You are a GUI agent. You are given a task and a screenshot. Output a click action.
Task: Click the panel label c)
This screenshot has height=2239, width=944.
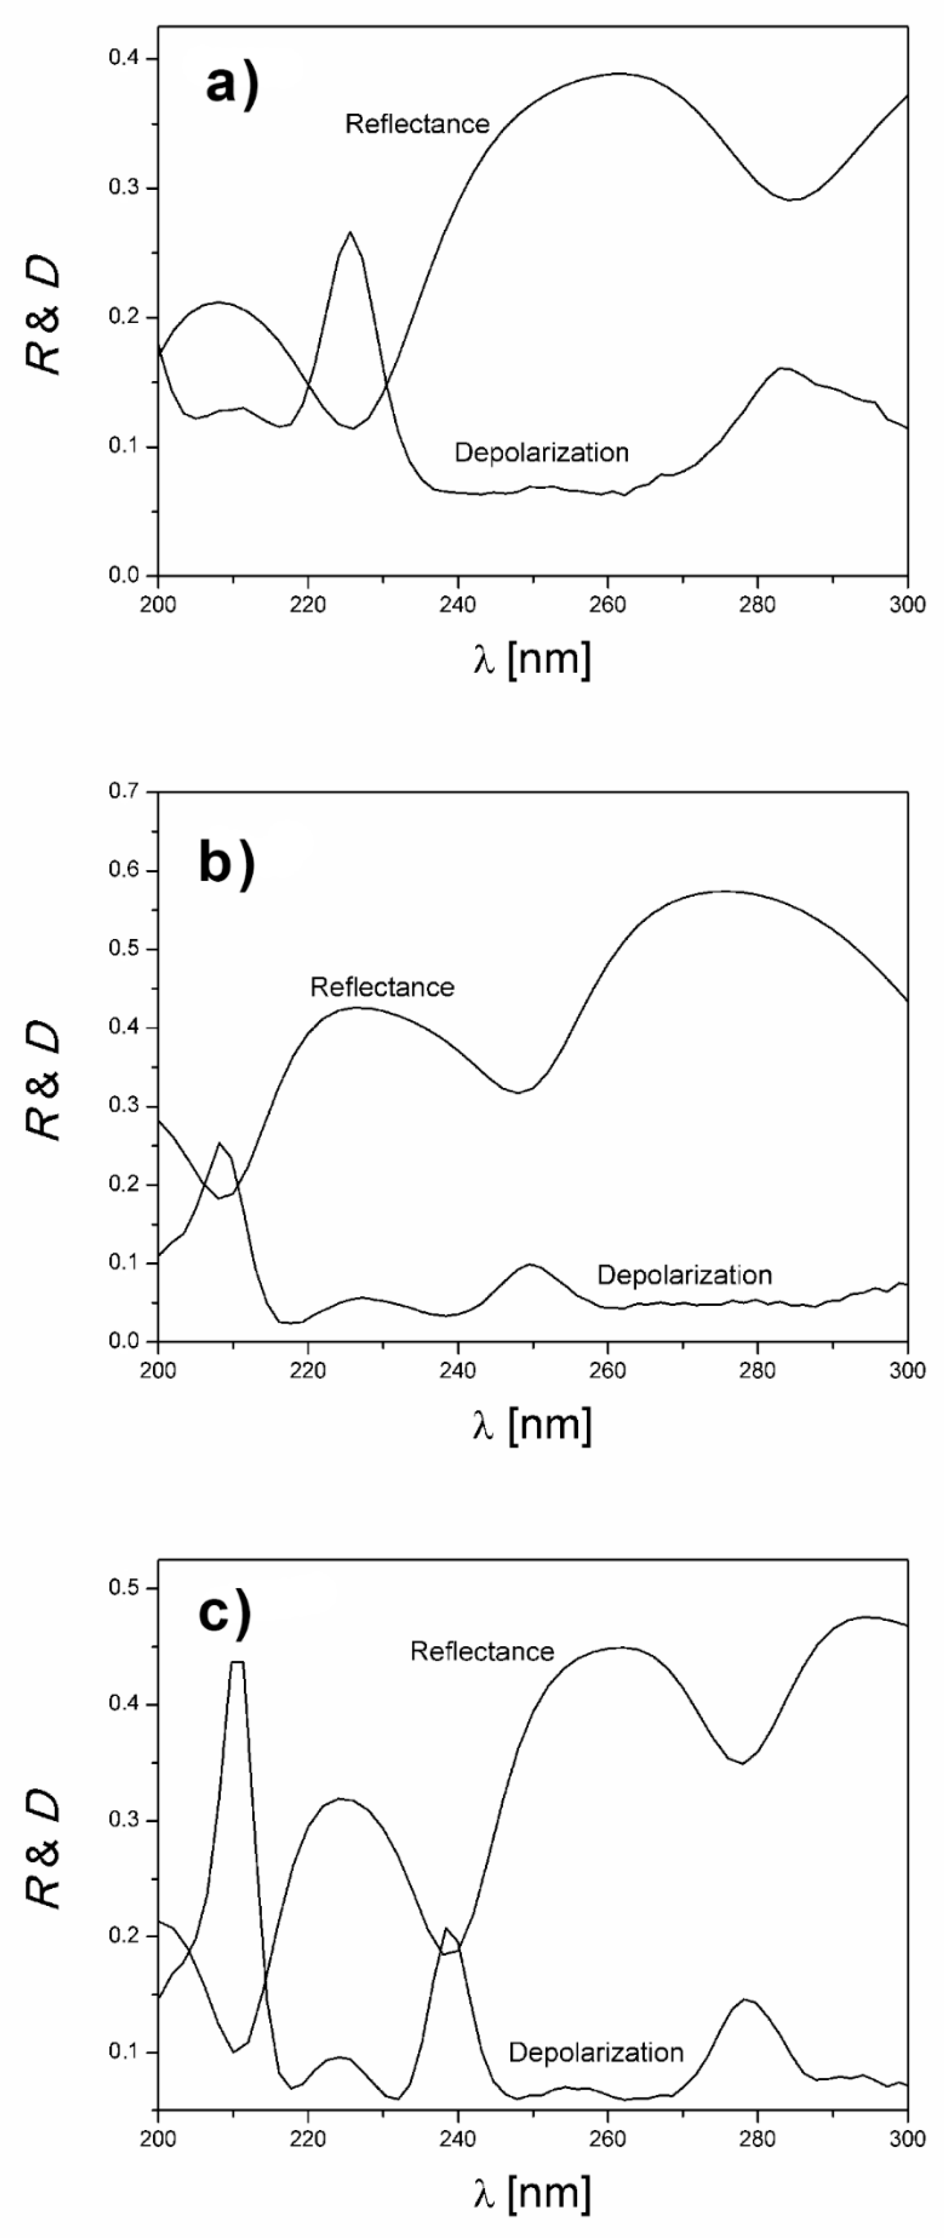(x=224, y=1612)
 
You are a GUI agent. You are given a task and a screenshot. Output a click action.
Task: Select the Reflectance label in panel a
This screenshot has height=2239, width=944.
(x=417, y=124)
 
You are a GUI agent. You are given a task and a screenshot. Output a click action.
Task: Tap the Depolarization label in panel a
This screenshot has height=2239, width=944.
(x=541, y=452)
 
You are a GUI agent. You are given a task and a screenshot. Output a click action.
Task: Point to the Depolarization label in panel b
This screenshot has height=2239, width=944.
(x=684, y=1275)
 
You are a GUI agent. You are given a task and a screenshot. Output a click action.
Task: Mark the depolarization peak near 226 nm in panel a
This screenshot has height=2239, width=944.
(x=349, y=233)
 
